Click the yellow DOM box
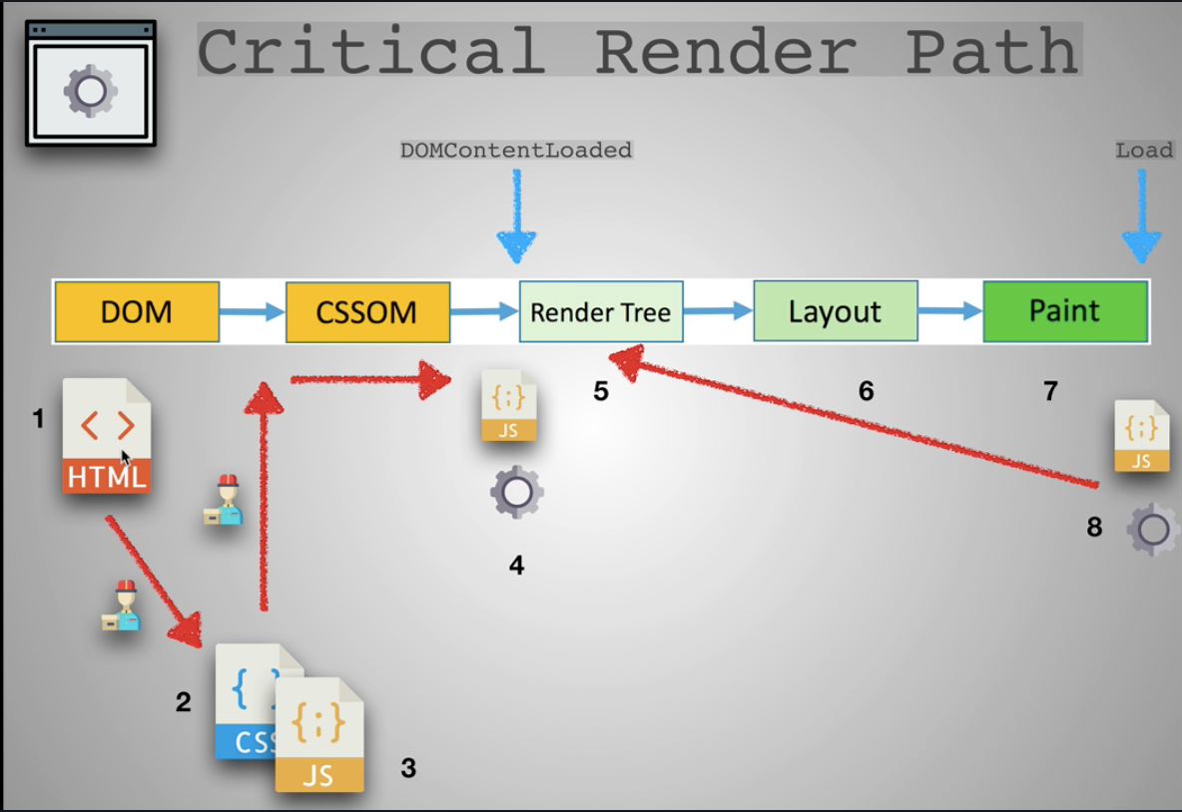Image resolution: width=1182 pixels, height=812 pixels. [x=137, y=312]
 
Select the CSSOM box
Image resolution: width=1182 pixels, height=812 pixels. [x=367, y=312]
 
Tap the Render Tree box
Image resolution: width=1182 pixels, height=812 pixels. [x=601, y=312]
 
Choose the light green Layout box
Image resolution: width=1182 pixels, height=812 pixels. [x=835, y=312]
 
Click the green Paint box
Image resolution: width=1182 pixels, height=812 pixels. [x=1064, y=311]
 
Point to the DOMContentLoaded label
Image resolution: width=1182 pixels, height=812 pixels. [x=516, y=151]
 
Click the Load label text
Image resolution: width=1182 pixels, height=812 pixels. [x=1144, y=151]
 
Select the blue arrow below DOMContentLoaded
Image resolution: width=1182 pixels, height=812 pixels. [x=516, y=219]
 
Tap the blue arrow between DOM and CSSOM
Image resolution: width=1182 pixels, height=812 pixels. [x=252, y=312]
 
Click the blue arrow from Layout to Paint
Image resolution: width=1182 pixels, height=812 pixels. [x=949, y=311]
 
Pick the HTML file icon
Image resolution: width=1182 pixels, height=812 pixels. [x=107, y=436]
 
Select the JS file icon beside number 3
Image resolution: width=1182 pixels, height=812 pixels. [x=319, y=735]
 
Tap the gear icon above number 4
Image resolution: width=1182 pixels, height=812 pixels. [x=516, y=492]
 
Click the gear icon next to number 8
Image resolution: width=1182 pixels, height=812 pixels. [x=1153, y=530]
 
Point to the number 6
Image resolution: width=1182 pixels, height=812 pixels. [x=866, y=392]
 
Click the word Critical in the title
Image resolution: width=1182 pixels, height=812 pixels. [x=370, y=51]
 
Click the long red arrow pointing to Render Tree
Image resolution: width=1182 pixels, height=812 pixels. [x=859, y=419]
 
